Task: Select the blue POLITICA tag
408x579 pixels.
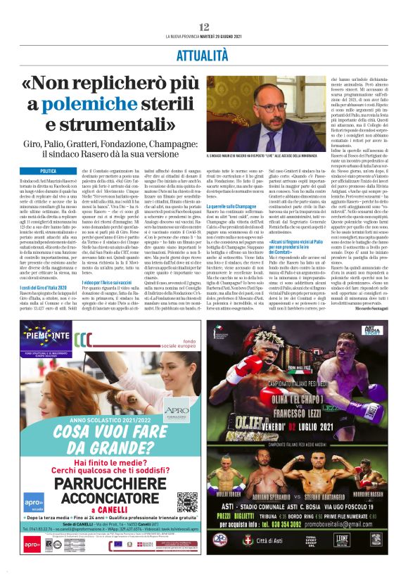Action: pos(49,170)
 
